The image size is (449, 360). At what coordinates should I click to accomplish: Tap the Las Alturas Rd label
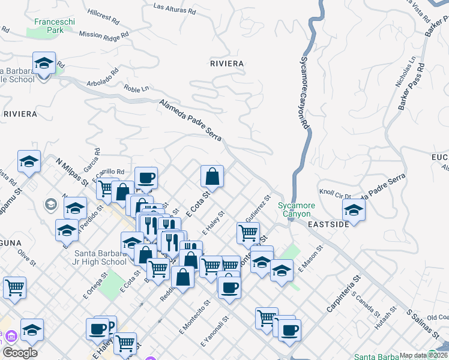click(x=175, y=8)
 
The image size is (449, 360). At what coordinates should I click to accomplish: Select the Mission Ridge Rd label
click(x=104, y=35)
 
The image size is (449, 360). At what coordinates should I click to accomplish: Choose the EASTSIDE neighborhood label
click(x=328, y=224)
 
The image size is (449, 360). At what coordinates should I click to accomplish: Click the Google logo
click(x=20, y=353)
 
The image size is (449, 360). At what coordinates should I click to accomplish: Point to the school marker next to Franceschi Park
click(x=44, y=64)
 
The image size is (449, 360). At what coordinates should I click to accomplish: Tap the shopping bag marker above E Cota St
click(x=212, y=177)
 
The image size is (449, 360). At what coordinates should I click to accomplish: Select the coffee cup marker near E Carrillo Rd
click(x=146, y=179)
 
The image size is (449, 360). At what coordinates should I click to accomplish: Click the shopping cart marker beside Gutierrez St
click(x=248, y=232)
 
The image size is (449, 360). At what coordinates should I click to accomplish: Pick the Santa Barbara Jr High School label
click(x=100, y=257)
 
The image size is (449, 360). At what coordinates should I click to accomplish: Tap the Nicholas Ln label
click(x=406, y=73)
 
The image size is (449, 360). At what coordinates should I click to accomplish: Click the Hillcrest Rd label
click(x=103, y=14)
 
